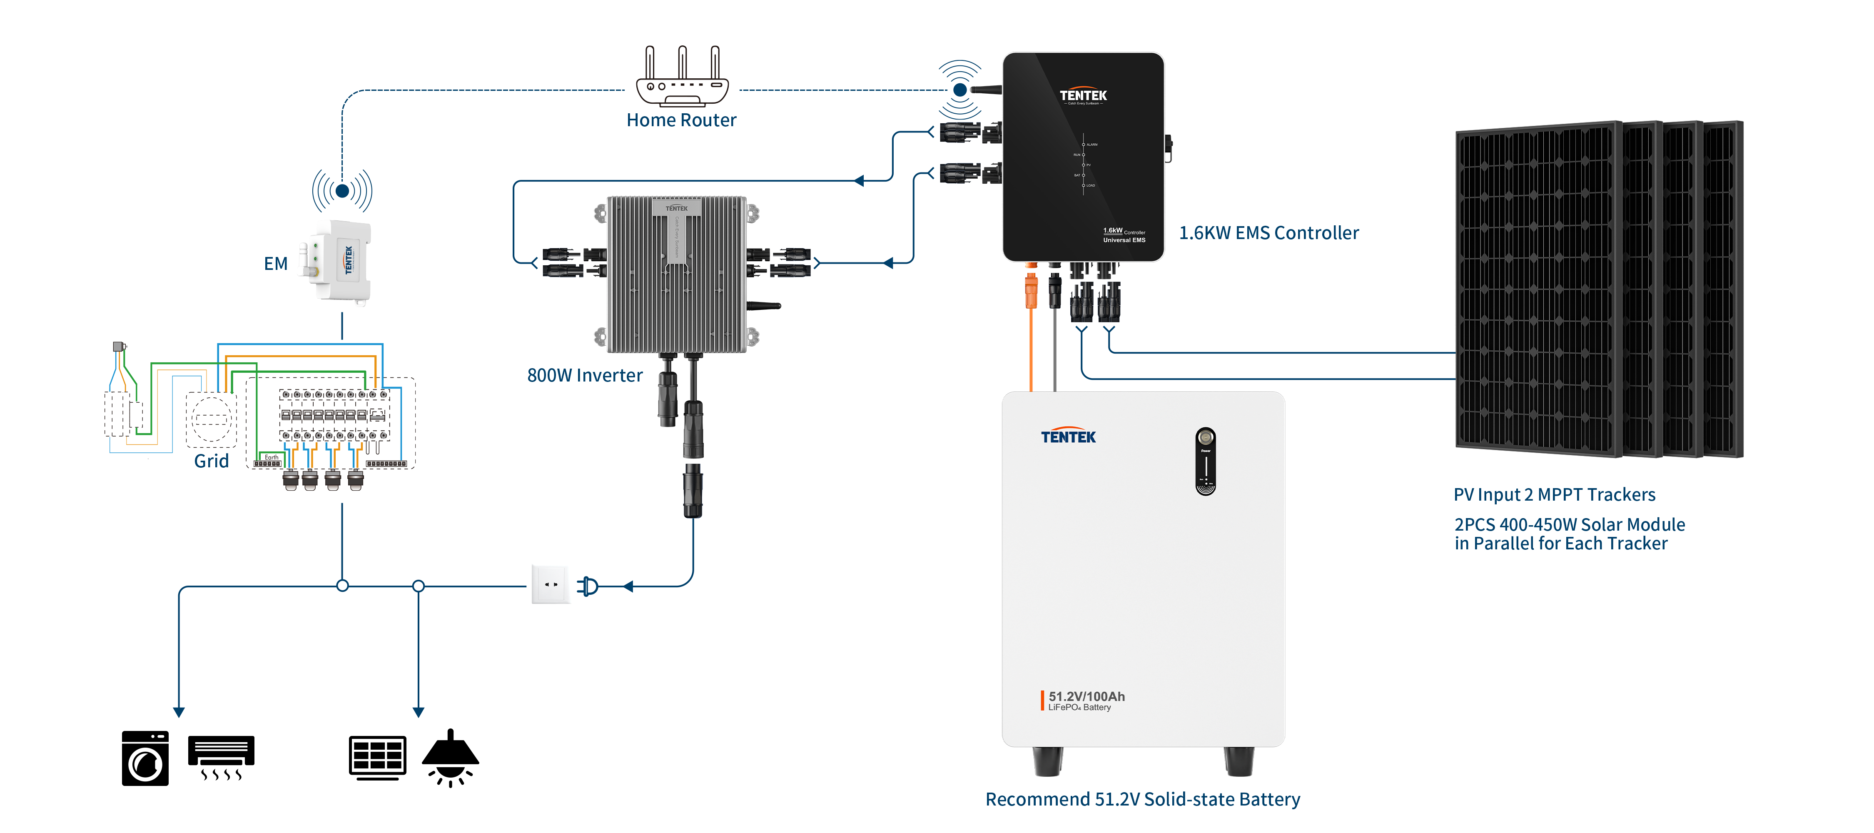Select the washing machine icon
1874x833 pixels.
(145, 758)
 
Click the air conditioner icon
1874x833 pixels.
(221, 757)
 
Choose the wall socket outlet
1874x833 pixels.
(550, 584)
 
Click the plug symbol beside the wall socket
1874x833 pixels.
(588, 586)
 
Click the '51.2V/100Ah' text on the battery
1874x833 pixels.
(1086, 696)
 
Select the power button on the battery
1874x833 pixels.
(1206, 438)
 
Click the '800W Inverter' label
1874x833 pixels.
(585, 375)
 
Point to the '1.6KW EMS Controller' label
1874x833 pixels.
(1269, 233)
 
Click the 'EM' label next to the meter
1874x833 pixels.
(276, 263)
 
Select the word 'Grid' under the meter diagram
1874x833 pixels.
(211, 461)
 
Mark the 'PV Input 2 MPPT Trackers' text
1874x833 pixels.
(1554, 495)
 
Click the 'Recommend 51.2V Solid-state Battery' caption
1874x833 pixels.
(1142, 799)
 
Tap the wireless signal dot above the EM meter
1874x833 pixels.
(342, 191)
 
